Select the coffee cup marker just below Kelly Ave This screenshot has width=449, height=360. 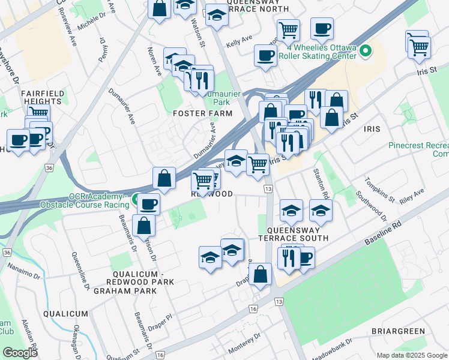265,56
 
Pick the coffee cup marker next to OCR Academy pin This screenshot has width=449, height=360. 148,204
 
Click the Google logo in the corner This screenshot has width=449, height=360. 20,353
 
